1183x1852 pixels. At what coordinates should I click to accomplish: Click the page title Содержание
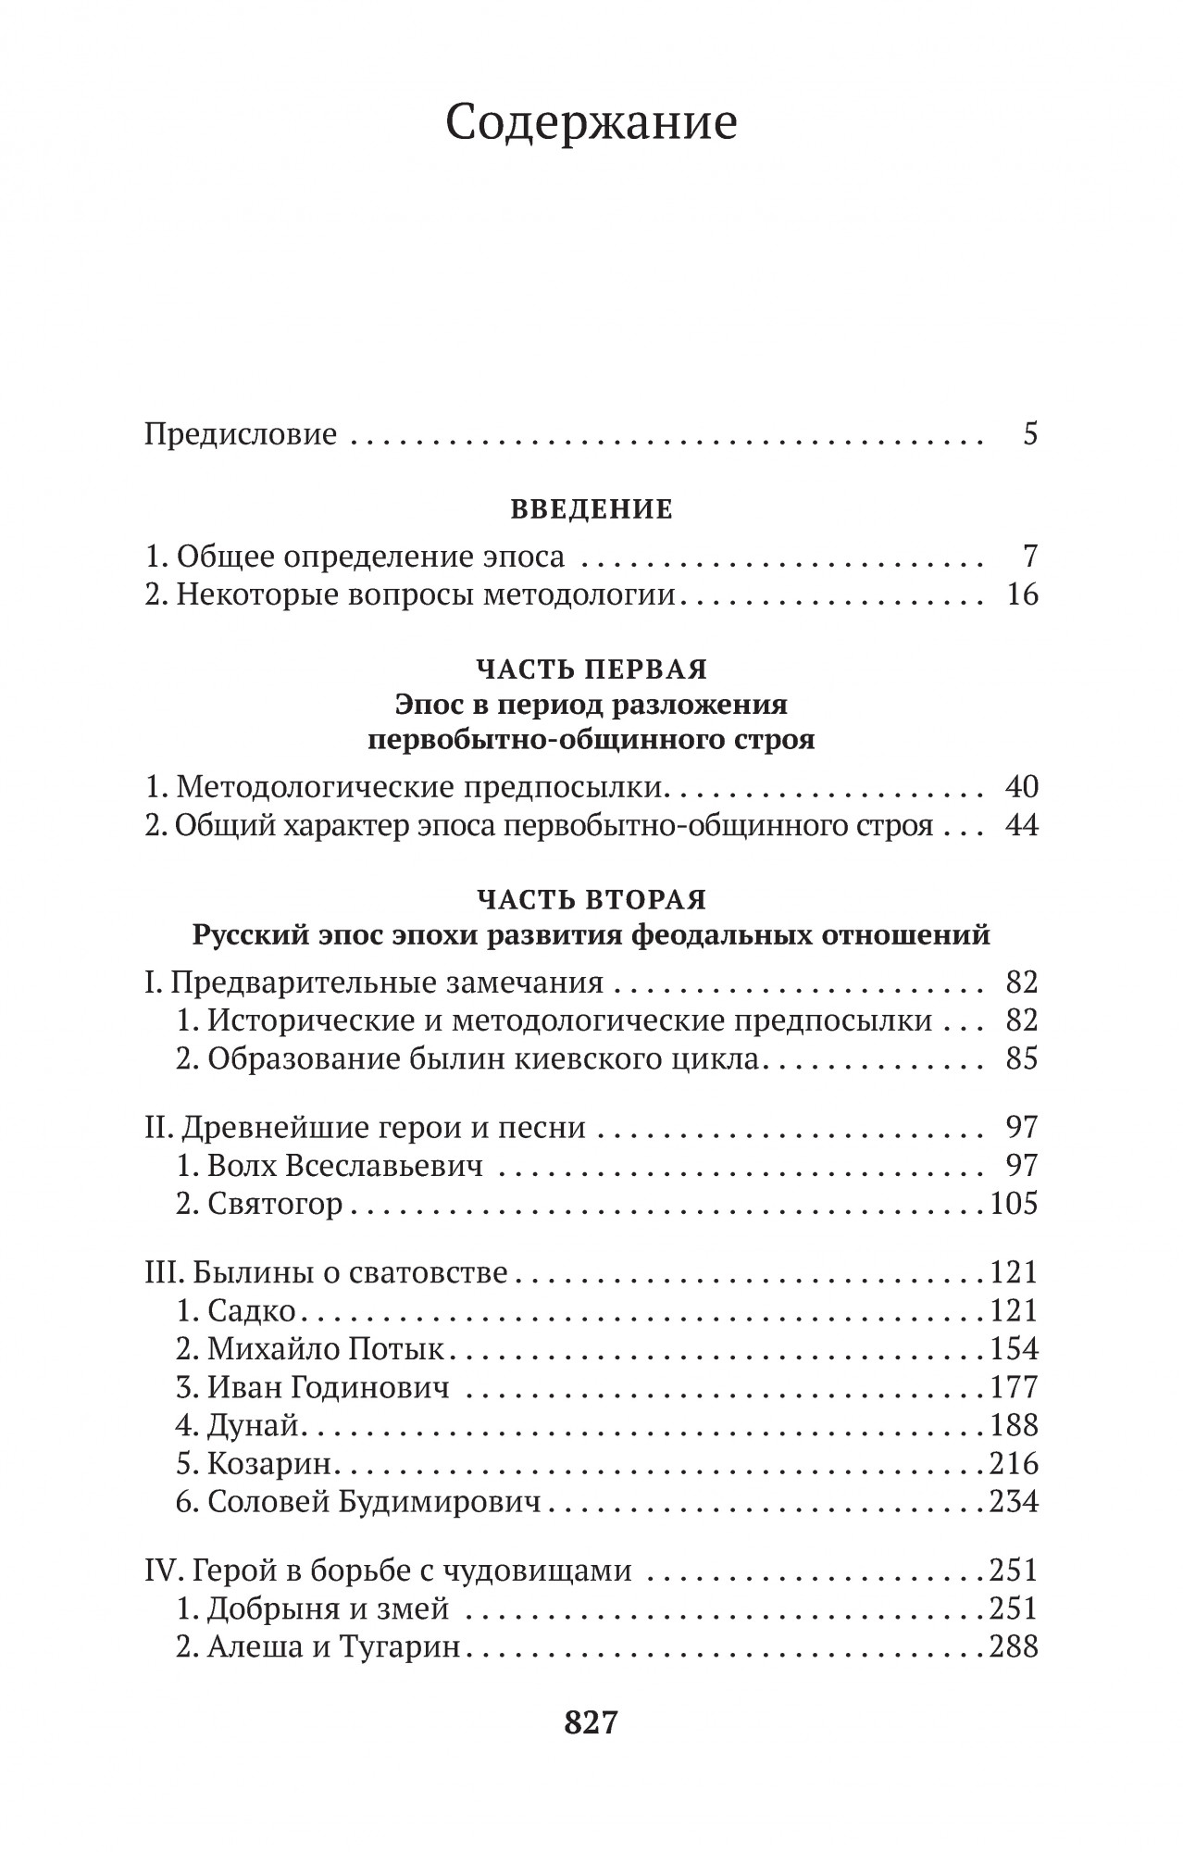(591, 123)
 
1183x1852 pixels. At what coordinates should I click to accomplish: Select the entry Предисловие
(241, 434)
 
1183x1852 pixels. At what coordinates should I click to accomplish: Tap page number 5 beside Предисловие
(1030, 434)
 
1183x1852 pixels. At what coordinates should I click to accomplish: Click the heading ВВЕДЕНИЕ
(591, 510)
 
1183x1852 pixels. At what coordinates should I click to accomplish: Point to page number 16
(1021, 594)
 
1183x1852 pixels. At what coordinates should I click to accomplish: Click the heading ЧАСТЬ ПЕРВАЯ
(591, 669)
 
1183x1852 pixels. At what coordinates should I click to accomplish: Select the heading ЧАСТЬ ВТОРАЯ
(591, 900)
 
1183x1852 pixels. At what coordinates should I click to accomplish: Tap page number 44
(1021, 825)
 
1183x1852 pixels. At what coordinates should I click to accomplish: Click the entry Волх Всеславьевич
(344, 1166)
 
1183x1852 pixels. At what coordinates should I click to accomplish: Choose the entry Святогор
(275, 1204)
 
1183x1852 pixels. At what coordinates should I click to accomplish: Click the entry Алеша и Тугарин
(333, 1647)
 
